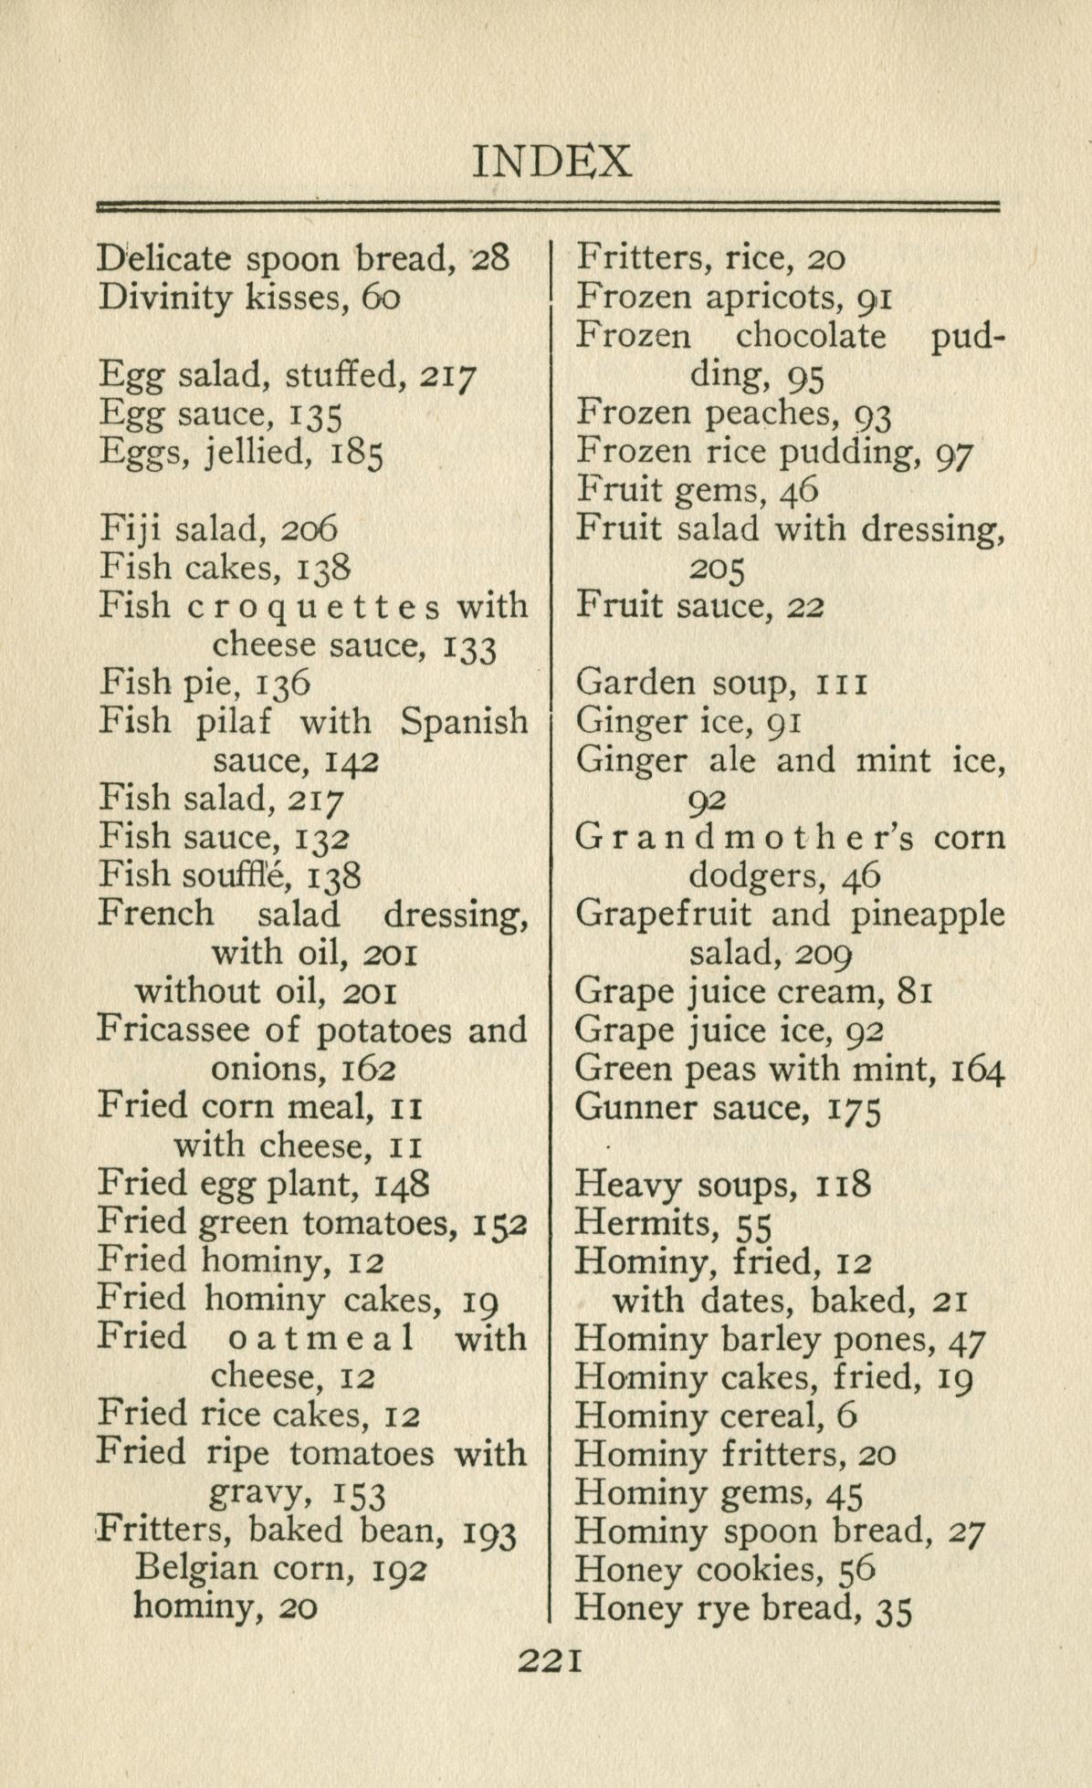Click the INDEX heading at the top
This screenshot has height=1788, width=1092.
click(551, 161)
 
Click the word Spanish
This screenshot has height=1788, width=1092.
click(464, 722)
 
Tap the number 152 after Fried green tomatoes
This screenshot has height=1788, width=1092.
click(500, 1223)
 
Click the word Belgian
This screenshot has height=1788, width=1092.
click(189, 1568)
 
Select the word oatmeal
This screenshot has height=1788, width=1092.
click(319, 1338)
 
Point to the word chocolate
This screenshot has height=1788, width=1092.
click(810, 337)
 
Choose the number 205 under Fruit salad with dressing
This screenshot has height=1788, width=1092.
click(717, 569)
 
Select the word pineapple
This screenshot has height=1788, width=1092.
click(928, 915)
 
